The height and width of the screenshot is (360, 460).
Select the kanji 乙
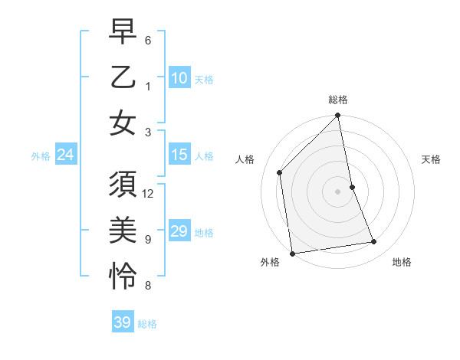pos(123,80)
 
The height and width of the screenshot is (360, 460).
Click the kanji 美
pos(123,228)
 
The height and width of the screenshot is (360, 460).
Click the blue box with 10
pos(179,77)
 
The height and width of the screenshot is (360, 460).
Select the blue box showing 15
pos(179,155)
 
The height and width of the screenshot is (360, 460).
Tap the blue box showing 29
pos(179,231)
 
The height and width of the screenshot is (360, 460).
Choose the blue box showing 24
pos(65,155)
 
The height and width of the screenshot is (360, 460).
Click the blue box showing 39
pos(122,322)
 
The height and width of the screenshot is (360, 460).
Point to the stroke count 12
pos(149,193)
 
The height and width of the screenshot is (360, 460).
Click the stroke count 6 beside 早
pos(148,39)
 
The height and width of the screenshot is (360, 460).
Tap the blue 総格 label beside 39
pos(147,324)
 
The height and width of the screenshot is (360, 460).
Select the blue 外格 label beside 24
pos(41,156)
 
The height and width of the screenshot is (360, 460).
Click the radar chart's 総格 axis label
pos(338,100)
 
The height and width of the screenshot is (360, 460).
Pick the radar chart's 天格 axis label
pos(432,159)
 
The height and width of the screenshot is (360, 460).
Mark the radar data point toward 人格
pos(280,172)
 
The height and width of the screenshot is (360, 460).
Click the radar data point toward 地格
pos(374,242)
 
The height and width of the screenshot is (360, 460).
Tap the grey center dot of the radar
pos(338,191)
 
